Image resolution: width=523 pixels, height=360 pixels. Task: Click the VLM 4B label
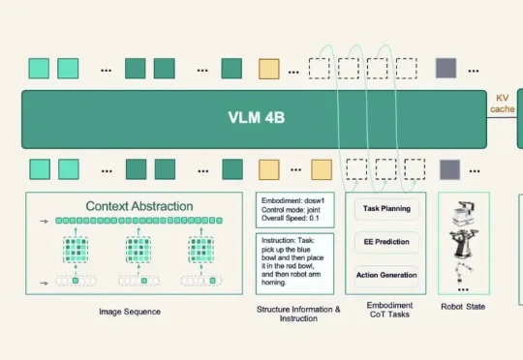point(256,117)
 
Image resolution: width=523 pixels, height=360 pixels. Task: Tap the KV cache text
point(503,104)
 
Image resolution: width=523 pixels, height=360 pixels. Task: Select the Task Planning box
point(386,209)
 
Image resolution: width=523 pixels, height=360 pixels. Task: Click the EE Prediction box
point(386,242)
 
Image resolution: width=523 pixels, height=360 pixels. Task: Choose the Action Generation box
point(386,276)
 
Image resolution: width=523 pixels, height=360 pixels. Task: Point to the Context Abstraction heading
point(139,206)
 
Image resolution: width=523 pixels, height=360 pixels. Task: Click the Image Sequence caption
point(130,312)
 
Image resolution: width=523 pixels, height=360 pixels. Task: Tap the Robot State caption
point(463,307)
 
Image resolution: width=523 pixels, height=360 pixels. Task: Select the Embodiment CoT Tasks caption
point(389,310)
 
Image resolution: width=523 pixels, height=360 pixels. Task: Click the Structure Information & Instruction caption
point(298,314)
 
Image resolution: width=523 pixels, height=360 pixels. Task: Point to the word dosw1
point(314,201)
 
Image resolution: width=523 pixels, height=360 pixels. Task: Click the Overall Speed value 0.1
point(314,219)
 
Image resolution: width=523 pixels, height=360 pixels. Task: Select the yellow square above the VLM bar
point(269,69)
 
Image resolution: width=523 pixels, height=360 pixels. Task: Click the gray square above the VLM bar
point(446,69)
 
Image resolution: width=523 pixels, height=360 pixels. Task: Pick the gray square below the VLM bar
point(450,169)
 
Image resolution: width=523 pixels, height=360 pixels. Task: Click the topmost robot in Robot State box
point(463,214)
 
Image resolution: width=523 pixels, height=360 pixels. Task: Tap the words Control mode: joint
point(291,210)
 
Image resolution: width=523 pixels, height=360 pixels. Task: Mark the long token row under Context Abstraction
point(138,221)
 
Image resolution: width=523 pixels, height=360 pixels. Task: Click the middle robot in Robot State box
point(464,244)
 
